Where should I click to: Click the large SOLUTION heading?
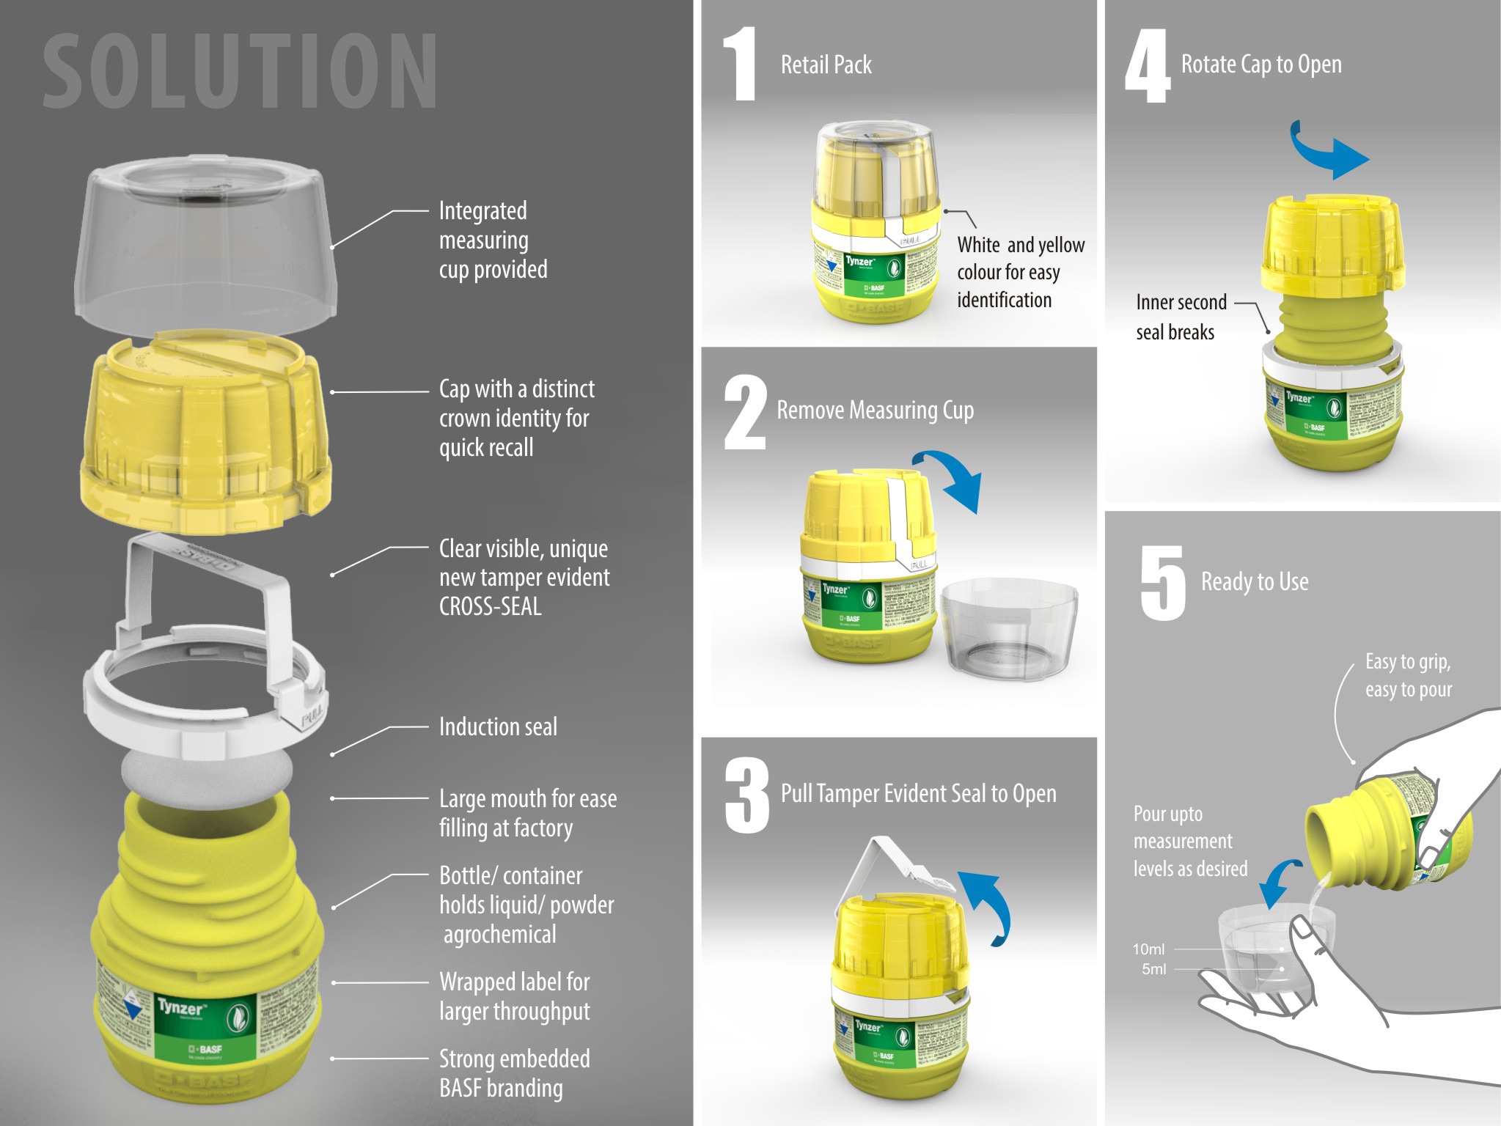[x=240, y=72]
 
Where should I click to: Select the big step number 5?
[x=1162, y=584]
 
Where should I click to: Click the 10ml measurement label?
[x=1148, y=949]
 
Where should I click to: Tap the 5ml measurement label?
[x=1153, y=969]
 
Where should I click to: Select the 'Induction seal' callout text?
[x=498, y=726]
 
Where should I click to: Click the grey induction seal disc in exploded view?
[x=207, y=770]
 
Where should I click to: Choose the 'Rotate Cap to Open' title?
[x=1260, y=65]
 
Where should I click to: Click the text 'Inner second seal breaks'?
[x=1180, y=317]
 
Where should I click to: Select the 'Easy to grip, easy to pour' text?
[x=1408, y=675]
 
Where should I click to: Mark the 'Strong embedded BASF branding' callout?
[x=514, y=1073]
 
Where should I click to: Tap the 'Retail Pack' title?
[x=826, y=65]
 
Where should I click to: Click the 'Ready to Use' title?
[x=1254, y=581]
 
